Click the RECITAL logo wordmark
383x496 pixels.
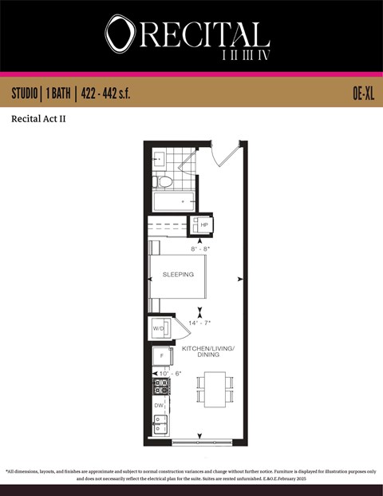pos(188,34)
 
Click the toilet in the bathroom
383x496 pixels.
pos(165,181)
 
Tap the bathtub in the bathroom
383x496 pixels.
pos(174,202)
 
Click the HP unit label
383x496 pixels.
pos(204,226)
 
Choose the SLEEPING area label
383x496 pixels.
pos(178,274)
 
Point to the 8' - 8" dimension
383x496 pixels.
pos(200,249)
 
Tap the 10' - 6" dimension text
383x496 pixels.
pos(171,373)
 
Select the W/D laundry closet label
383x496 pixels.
pos(158,328)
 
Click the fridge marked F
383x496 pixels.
pos(161,355)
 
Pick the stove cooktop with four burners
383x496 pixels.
pos(161,387)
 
